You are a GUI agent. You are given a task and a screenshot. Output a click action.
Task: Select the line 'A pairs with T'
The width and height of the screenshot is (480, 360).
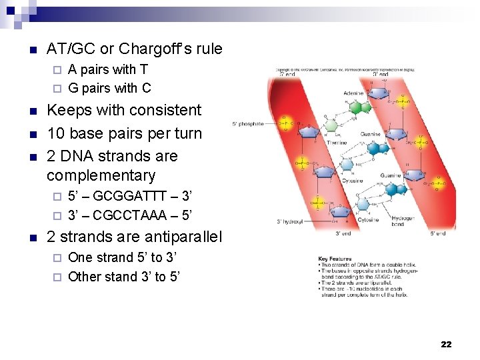pyautogui.click(x=108, y=69)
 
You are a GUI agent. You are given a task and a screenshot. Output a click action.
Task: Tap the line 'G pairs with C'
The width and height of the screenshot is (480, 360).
pyautogui.click(x=109, y=87)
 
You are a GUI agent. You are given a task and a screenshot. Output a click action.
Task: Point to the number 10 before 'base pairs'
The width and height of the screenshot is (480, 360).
pyautogui.click(x=56, y=133)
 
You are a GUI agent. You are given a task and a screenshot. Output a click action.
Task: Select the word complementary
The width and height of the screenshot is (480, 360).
pyautogui.click(x=101, y=176)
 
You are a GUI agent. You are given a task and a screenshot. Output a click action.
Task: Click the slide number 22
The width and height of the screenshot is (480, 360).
pyautogui.click(x=446, y=344)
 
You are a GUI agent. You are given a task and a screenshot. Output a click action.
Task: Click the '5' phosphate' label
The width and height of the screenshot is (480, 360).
pyautogui.click(x=248, y=124)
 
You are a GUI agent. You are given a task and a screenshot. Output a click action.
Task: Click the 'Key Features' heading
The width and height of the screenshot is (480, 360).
pyautogui.click(x=333, y=258)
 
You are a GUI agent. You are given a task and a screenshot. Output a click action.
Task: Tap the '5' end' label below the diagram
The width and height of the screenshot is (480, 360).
pyautogui.click(x=438, y=233)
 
